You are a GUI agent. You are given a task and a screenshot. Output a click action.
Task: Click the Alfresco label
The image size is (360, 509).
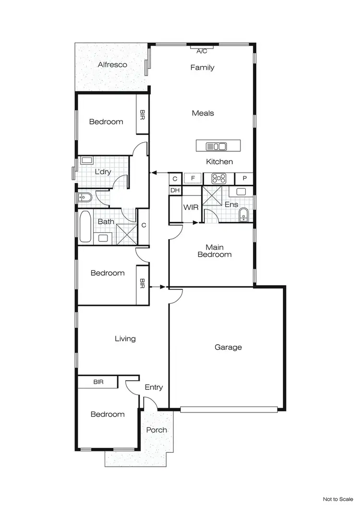tap(112, 64)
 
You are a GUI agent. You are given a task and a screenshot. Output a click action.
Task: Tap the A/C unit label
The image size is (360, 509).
tap(202, 50)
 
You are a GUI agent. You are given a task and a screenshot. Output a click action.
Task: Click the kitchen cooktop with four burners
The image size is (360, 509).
tap(219, 179)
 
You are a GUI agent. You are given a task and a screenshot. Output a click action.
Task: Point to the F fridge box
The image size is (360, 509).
tap(192, 179)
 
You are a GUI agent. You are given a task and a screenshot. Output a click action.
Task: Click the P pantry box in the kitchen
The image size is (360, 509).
tap(244, 179)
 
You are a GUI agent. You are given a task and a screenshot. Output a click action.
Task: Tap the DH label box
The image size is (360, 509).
tap(175, 190)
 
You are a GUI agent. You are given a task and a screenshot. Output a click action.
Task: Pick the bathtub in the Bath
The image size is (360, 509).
tap(86, 227)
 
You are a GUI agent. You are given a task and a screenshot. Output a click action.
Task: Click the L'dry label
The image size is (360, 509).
tap(103, 171)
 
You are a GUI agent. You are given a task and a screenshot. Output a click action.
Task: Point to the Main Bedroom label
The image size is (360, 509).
tap(215, 251)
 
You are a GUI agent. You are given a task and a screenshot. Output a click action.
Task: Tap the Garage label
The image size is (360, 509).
tap(228, 347)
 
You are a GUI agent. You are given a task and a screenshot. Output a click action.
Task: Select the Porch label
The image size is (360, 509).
tap(156, 430)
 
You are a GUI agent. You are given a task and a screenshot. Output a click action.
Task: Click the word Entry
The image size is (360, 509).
tap(154, 388)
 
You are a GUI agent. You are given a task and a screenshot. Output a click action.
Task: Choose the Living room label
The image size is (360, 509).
tap(125, 339)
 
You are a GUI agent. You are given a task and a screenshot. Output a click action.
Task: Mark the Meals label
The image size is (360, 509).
tap(203, 113)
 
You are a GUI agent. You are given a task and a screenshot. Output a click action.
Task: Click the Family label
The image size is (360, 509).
tap(202, 68)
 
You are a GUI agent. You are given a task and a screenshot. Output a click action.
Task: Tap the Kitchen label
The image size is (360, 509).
tap(219, 162)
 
